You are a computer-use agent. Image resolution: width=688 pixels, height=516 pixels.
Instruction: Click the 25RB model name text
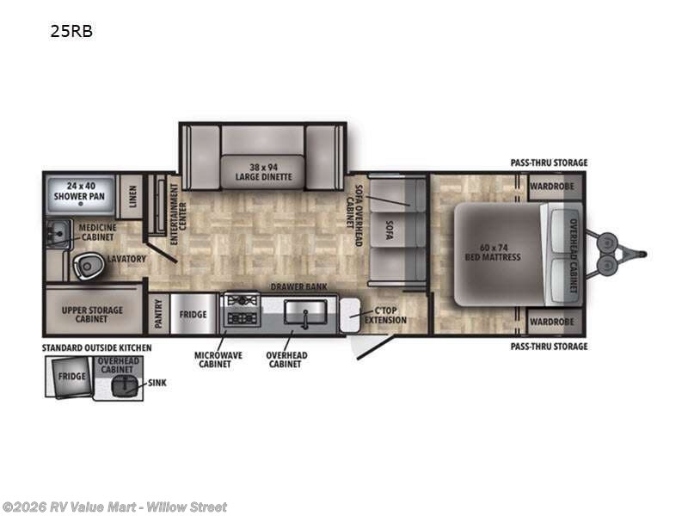72,32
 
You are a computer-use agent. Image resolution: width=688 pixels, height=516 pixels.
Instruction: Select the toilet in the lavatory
87,266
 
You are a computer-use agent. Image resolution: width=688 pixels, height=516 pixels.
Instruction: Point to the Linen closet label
132,197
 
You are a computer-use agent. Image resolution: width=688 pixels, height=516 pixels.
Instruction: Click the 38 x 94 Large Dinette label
263,172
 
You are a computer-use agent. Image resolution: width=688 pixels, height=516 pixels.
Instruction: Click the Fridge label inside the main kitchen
193,315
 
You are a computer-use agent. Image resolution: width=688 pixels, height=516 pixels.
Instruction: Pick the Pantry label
157,315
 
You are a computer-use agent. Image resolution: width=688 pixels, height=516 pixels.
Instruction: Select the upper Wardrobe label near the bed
551,185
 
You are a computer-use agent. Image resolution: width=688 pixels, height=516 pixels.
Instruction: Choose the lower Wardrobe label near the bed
551,322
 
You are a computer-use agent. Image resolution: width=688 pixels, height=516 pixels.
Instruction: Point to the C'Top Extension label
384,316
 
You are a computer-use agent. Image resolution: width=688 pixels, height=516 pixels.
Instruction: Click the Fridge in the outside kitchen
72,376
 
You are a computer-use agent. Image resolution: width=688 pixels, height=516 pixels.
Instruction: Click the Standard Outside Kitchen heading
98,347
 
